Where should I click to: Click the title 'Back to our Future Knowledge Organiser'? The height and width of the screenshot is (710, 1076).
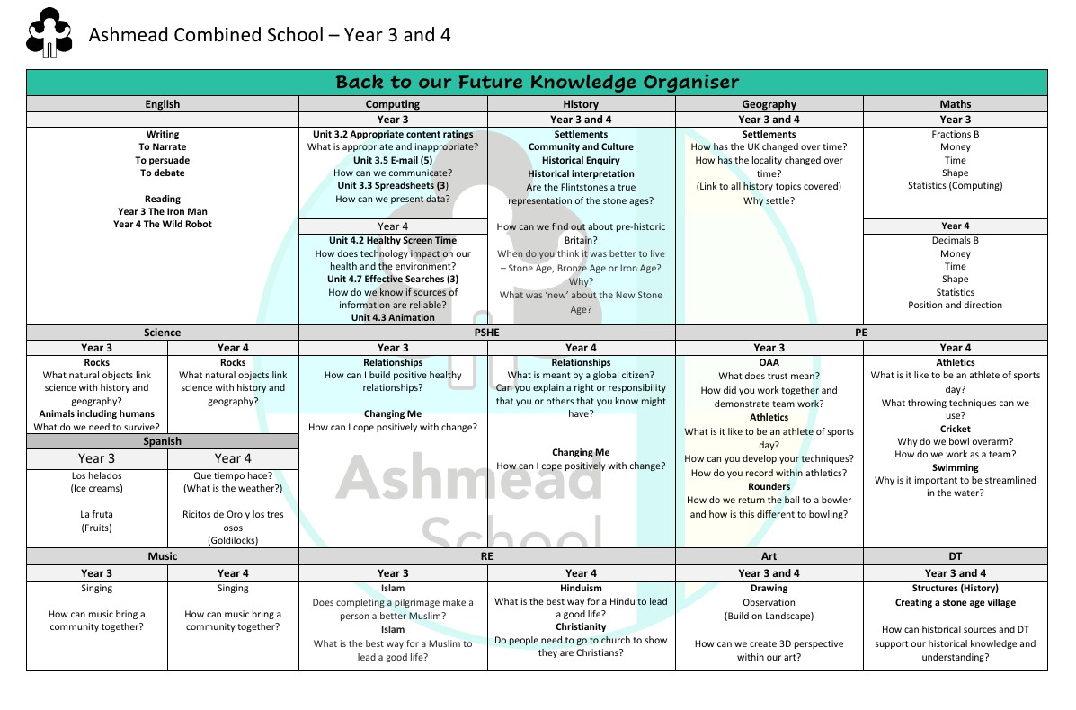pos(537,83)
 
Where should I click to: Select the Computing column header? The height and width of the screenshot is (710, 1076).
pos(393,104)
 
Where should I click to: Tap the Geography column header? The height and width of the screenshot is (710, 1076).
pos(769,104)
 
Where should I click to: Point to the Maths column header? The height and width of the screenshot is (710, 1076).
pos(955,104)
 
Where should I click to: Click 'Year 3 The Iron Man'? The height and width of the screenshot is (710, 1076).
pos(162,212)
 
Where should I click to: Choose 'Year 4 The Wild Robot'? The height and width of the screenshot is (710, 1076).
pos(162,225)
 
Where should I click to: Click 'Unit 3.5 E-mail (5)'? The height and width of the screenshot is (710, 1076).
pos(393,160)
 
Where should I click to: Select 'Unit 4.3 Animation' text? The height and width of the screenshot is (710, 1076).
pos(393,318)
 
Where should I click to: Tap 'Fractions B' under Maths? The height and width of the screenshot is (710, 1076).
pos(955,135)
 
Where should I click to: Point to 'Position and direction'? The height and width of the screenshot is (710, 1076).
pos(955,306)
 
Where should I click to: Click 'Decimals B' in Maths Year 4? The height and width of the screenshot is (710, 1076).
pos(955,241)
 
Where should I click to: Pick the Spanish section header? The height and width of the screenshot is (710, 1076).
pos(162,441)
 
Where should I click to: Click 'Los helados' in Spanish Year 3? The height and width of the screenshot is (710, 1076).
pos(96,476)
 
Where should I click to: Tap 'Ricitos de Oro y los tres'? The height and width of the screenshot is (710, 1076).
pos(233,515)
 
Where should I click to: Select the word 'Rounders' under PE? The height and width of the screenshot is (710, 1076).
pos(769,487)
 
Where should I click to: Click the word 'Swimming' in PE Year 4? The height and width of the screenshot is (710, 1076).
pos(955,468)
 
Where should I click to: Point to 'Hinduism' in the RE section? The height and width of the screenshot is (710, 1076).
pos(581,590)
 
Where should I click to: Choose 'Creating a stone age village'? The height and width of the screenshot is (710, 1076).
pos(955,603)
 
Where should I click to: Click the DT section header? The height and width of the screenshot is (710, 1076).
pos(955,556)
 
